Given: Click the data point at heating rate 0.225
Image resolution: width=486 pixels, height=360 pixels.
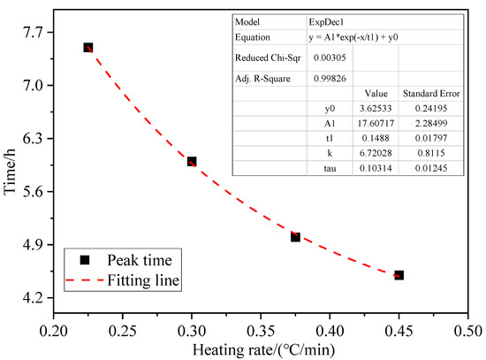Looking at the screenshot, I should [x=88, y=48].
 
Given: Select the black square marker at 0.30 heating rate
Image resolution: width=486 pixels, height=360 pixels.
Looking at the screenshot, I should [x=192, y=162].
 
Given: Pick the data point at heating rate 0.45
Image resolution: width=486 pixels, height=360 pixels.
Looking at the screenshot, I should [x=399, y=275].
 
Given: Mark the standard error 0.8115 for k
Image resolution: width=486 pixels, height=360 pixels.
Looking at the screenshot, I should [x=428, y=153].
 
